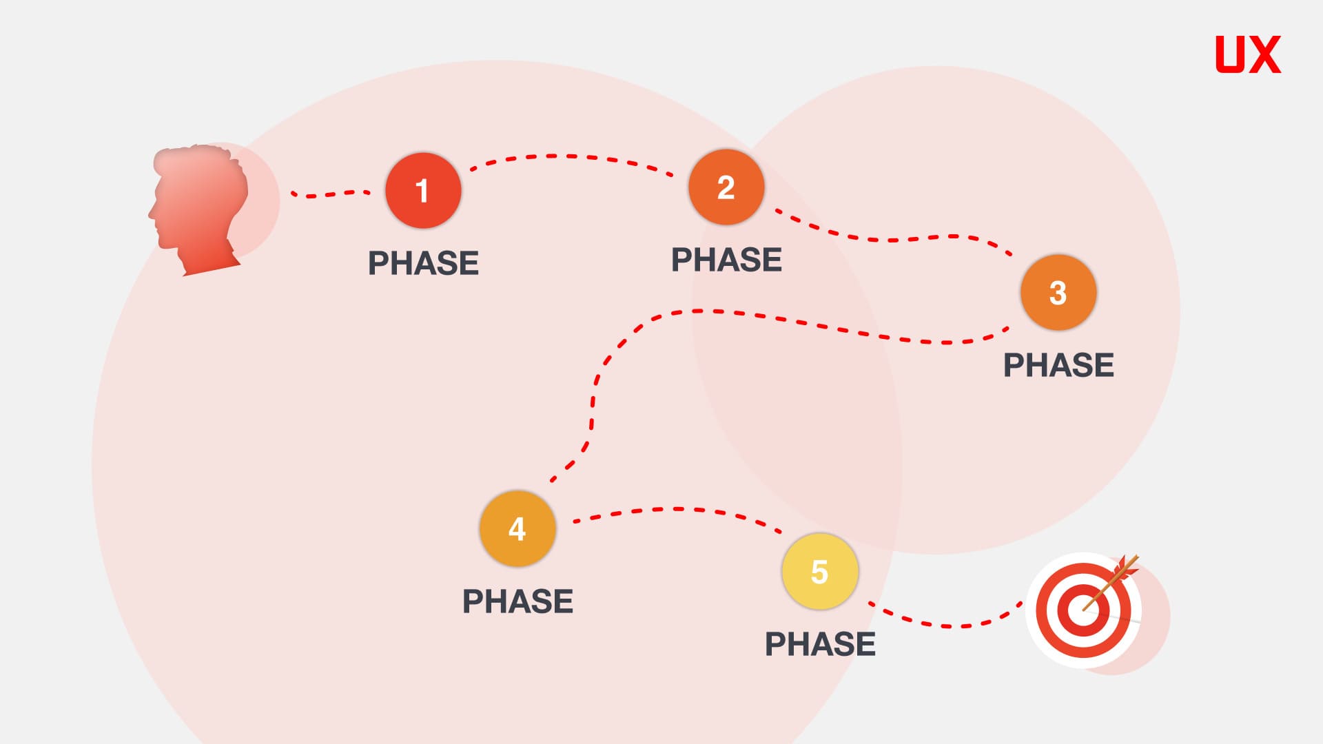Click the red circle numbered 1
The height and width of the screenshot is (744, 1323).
click(x=423, y=190)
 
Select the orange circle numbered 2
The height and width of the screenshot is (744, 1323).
click(x=726, y=187)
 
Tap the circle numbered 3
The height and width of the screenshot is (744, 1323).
click(x=1058, y=292)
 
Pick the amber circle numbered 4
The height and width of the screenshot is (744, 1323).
click(x=517, y=528)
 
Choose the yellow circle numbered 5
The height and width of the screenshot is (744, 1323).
click(x=820, y=571)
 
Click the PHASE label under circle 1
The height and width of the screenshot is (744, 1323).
click(x=423, y=263)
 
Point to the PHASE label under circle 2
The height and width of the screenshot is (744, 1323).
click(x=726, y=260)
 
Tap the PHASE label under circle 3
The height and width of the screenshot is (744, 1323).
click(x=1058, y=365)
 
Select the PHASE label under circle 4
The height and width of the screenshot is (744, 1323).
click(x=517, y=601)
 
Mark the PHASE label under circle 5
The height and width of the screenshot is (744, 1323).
click(x=820, y=644)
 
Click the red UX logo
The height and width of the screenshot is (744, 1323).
click(x=1248, y=54)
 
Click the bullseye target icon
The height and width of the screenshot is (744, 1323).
click(x=1084, y=610)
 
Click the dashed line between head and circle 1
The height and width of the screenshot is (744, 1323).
click(x=330, y=194)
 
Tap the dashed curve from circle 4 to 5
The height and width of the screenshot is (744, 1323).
click(x=679, y=509)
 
